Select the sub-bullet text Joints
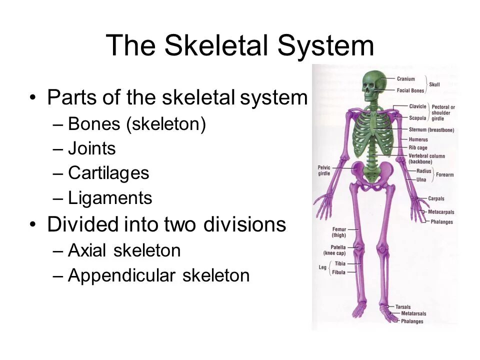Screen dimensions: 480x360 pyautogui.click(x=91, y=148)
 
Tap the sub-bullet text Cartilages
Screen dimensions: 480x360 pyautogui.click(x=108, y=173)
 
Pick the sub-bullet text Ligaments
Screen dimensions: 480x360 pyautogui.click(x=110, y=198)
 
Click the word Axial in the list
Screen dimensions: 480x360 pyautogui.click(x=88, y=250)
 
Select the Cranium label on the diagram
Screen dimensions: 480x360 pyautogui.click(x=405, y=78)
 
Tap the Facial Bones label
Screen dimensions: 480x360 pyautogui.click(x=410, y=90)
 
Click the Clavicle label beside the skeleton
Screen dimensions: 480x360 pyautogui.click(x=417, y=106)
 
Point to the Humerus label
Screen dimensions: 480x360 pyautogui.click(x=418, y=139)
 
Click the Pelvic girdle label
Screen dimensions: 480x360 pyautogui.click(x=323, y=170)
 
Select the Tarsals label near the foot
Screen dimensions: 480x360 pyautogui.click(x=403, y=306)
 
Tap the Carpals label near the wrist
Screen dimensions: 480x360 pyautogui.click(x=436, y=198)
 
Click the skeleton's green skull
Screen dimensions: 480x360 pyautogui.click(x=371, y=84)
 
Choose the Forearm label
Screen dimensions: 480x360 pyautogui.click(x=444, y=175)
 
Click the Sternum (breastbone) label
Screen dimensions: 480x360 pyautogui.click(x=431, y=130)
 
